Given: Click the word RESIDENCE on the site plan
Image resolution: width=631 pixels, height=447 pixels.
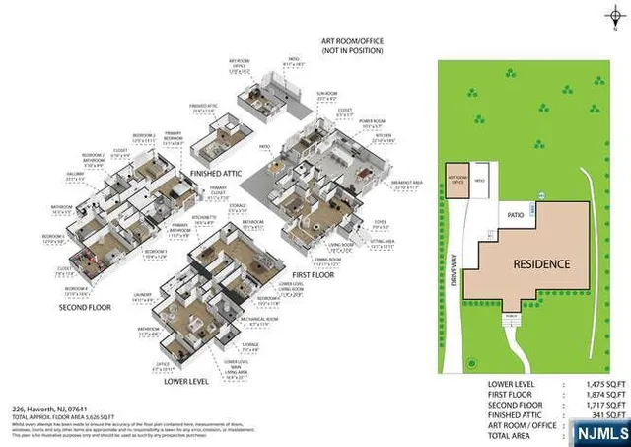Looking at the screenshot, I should (539, 264).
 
